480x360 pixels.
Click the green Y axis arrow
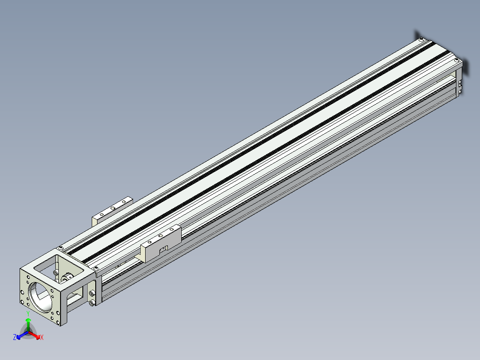28,324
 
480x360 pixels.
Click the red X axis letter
42,337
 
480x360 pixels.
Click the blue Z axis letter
14,337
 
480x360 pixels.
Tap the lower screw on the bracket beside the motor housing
92,303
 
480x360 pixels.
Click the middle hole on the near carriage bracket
161,236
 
